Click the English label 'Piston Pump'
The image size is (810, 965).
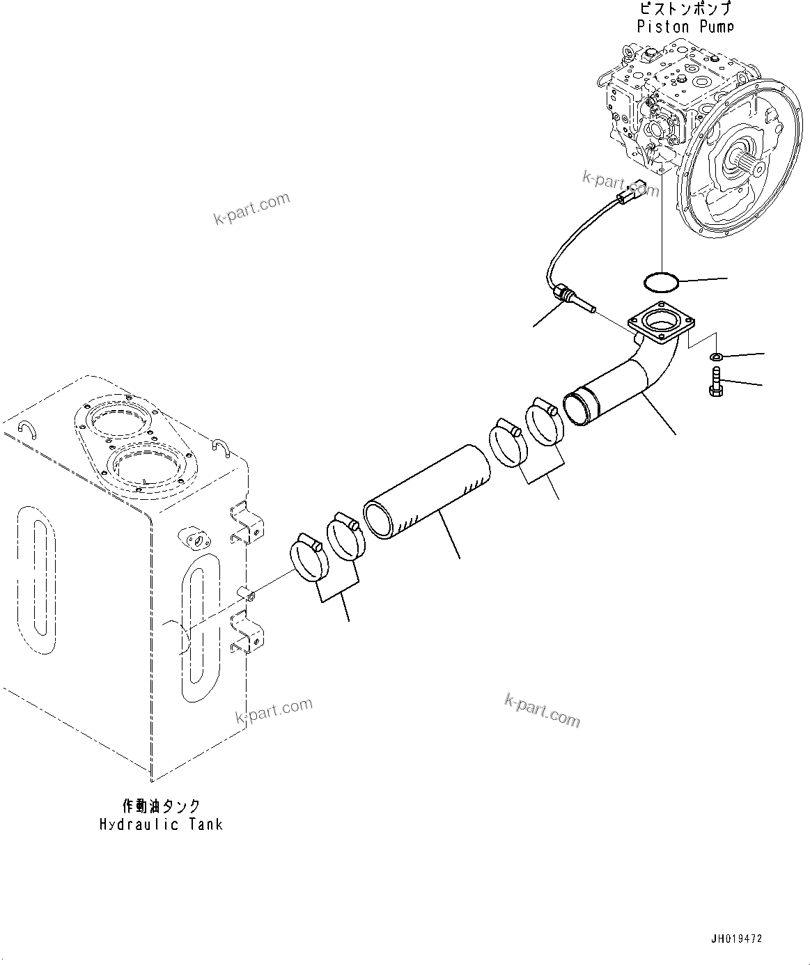coord(685,26)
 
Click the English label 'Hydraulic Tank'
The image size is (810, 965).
coord(161,824)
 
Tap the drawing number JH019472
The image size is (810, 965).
coord(737,939)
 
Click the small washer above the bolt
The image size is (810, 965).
coord(715,357)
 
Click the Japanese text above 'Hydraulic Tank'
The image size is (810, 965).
coord(161,806)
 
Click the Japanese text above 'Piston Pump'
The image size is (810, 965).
coord(685,9)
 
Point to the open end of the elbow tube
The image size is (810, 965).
coord(577,409)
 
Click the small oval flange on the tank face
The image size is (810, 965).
coord(196,539)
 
